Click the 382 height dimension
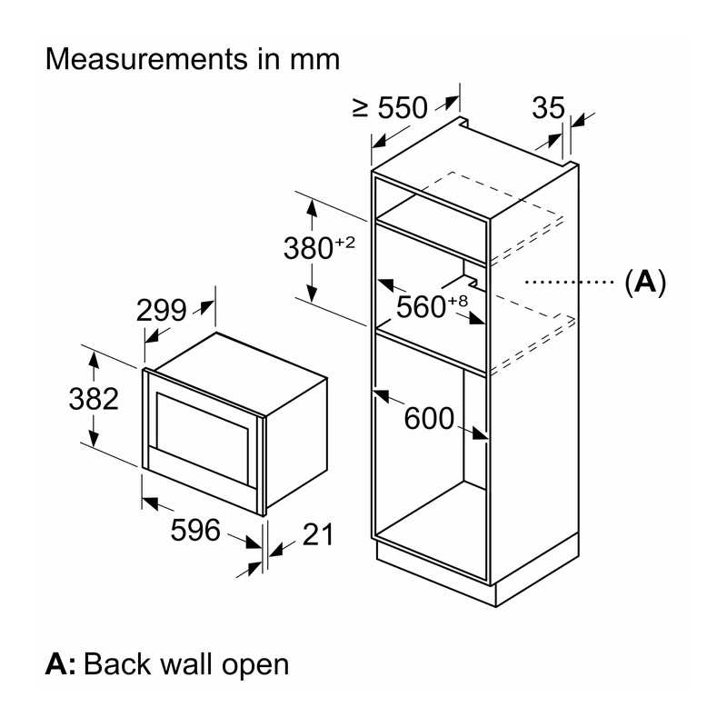tap(94, 399)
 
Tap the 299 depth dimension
tap(162, 310)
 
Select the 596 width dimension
tap(195, 530)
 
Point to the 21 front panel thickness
tap(318, 534)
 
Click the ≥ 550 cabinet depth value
tap(390, 107)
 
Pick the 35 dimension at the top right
tap(549, 107)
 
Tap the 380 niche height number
tap(308, 248)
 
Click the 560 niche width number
tap(421, 307)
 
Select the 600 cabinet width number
tap(429, 418)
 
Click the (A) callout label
tap(645, 282)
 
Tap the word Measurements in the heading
tap(147, 59)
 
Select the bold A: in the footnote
tap(61, 663)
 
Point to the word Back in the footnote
tap(117, 663)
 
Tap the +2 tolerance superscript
tap(344, 242)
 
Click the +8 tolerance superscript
tap(458, 302)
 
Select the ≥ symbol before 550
tap(360, 107)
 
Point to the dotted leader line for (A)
tap(570, 282)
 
